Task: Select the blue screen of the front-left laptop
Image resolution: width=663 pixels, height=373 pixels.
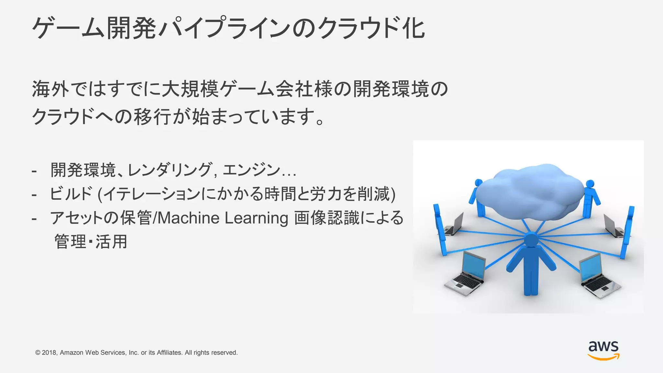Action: (473, 264)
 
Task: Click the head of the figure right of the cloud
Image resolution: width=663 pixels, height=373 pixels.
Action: (590, 184)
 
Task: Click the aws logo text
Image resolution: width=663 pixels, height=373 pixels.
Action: (603, 347)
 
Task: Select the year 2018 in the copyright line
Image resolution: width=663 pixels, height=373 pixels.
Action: (50, 353)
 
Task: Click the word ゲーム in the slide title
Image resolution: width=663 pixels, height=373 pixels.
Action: (68, 28)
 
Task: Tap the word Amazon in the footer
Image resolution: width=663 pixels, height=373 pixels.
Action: (72, 353)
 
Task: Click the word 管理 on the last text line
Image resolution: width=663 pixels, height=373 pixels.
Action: (70, 242)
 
